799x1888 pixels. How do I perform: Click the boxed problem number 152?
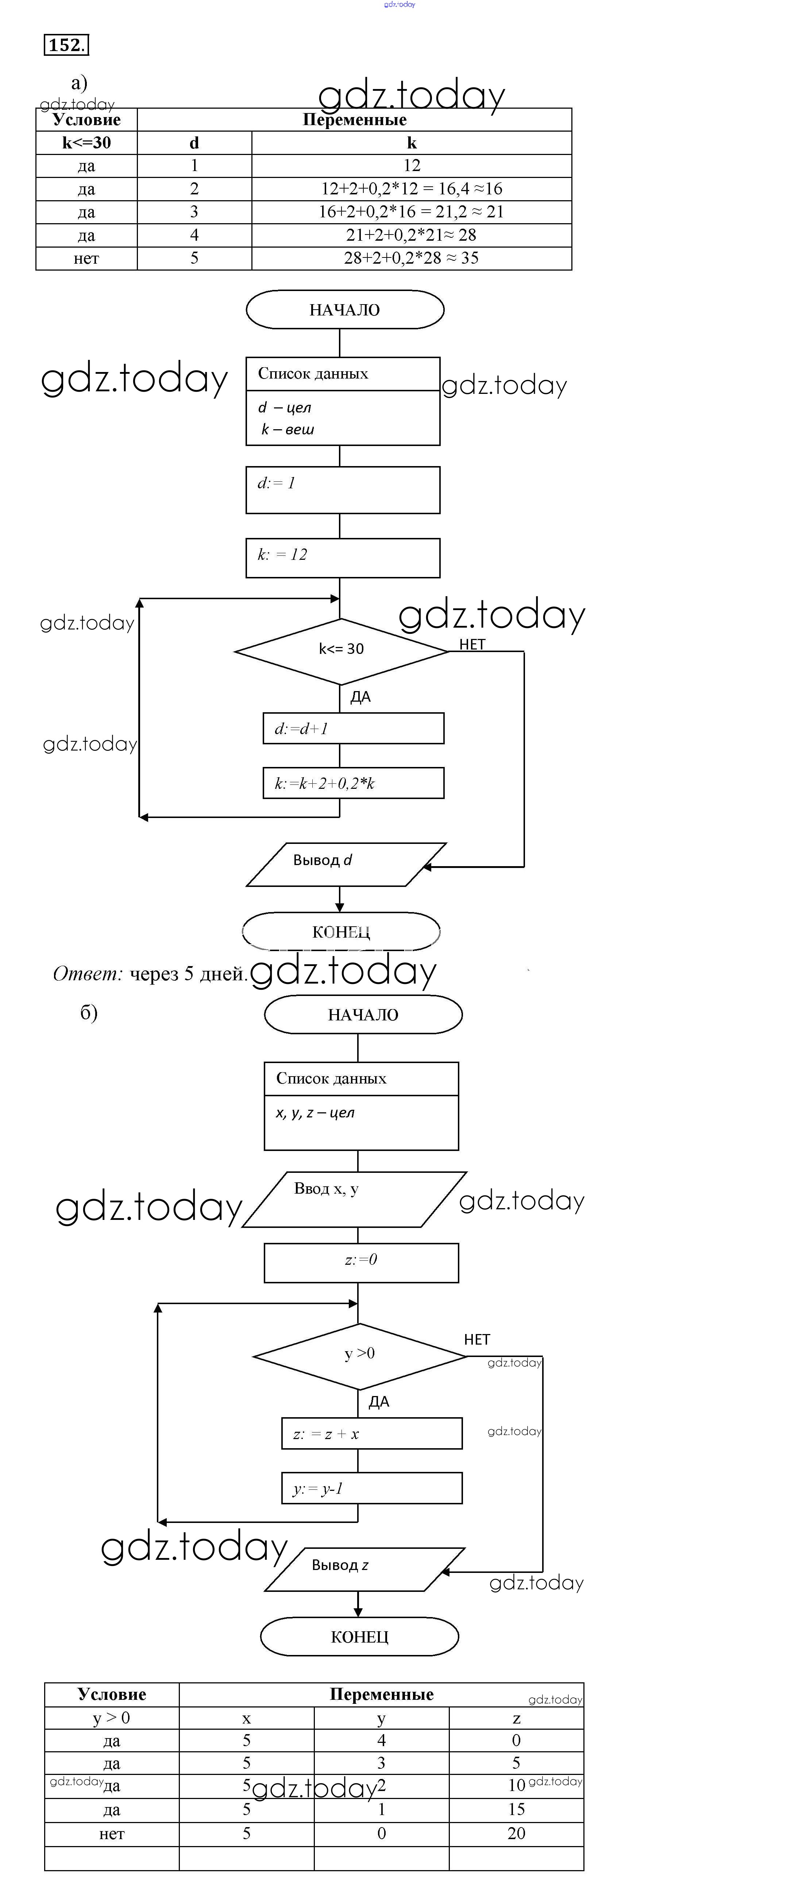tap(66, 46)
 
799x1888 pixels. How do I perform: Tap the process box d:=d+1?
tap(353, 729)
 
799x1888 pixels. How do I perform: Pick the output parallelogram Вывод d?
tap(344, 864)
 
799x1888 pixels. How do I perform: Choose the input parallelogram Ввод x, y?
tap(354, 1199)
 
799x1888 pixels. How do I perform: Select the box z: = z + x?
tap(372, 1434)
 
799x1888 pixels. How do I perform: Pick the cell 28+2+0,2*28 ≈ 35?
tap(411, 258)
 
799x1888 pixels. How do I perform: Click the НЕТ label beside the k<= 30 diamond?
tap(472, 644)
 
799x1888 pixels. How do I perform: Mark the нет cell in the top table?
tap(86, 258)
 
